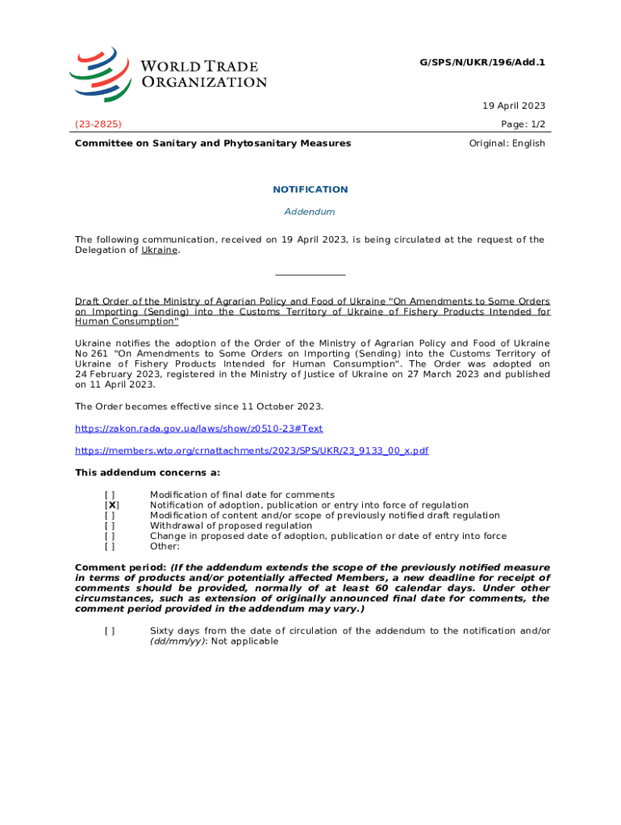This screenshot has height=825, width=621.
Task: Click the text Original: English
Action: point(506,143)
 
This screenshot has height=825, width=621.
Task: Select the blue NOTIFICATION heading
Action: point(310,189)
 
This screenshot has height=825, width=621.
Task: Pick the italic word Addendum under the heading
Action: point(310,212)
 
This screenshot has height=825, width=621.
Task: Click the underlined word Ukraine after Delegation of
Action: point(160,250)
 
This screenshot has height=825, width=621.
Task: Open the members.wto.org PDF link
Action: point(252,450)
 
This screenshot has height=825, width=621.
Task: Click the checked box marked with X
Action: point(111,505)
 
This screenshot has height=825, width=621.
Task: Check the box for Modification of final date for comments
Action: point(110,495)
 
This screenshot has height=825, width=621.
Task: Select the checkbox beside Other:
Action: point(110,546)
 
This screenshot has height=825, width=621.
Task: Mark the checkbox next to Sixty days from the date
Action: point(110,631)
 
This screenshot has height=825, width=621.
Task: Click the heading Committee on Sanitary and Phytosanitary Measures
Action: point(213,143)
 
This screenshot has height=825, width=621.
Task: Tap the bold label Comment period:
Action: point(120,567)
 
